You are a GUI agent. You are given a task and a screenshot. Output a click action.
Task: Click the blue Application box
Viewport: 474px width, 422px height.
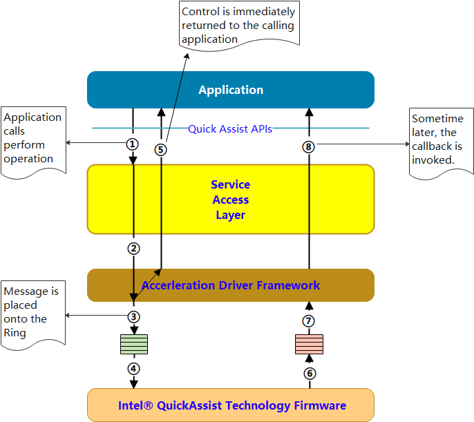click(x=230, y=90)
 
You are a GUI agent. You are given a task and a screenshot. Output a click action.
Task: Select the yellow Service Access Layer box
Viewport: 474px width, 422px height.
click(x=230, y=200)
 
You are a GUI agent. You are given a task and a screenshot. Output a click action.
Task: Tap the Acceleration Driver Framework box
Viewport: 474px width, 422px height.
click(x=230, y=285)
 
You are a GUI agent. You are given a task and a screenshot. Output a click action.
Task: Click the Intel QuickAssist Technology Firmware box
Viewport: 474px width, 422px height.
click(x=230, y=405)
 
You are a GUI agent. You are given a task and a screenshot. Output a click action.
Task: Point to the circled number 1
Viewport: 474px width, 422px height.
click(x=133, y=144)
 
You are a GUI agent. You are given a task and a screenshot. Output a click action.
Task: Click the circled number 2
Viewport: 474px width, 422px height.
click(x=133, y=249)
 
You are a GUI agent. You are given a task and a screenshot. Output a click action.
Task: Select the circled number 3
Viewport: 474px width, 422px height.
click(x=133, y=317)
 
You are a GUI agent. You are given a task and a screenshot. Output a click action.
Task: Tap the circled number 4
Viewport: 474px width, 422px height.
click(x=133, y=368)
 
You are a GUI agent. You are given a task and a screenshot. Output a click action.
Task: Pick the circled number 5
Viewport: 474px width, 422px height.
click(x=161, y=149)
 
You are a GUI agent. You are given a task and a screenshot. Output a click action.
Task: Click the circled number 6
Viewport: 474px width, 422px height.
click(x=309, y=373)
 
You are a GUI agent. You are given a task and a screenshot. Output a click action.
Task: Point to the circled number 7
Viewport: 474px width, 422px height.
click(x=309, y=321)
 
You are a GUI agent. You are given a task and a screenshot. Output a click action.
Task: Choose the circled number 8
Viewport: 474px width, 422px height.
click(x=309, y=146)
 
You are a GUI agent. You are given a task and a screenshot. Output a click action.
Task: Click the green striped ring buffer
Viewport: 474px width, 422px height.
click(x=133, y=344)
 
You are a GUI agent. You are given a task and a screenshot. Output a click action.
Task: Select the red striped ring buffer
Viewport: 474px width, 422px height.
click(x=309, y=344)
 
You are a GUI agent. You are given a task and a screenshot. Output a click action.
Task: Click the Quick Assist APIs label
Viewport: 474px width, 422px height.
click(x=229, y=128)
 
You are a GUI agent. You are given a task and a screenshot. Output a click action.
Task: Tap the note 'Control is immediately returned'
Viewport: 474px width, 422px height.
click(x=238, y=25)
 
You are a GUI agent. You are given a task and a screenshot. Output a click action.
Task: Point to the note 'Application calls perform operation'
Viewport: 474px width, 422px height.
click(x=32, y=138)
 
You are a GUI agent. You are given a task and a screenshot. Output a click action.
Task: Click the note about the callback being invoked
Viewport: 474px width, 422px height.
click(x=441, y=140)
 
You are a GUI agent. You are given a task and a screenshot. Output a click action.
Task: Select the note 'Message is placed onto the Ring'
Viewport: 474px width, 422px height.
click(x=32, y=312)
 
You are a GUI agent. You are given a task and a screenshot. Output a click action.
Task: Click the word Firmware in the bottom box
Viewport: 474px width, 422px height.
click(x=316, y=405)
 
